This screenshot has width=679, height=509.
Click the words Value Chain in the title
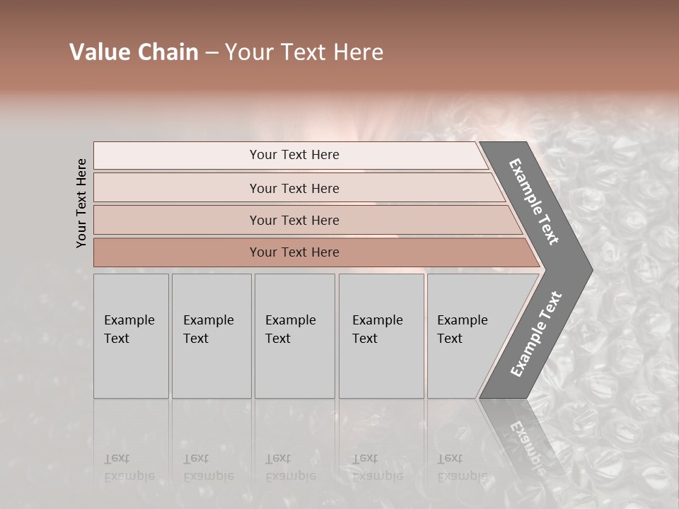click(134, 52)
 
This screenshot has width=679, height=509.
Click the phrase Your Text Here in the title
click(304, 52)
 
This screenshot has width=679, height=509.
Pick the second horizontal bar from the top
click(294, 188)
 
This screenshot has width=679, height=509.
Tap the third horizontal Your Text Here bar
click(294, 220)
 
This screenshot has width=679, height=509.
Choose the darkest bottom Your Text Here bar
click(294, 252)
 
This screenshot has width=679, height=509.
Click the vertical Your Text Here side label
click(81, 204)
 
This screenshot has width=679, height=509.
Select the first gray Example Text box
click(131, 336)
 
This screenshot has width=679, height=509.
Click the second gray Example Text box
click(211, 336)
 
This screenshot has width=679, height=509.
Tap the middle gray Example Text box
click(294, 336)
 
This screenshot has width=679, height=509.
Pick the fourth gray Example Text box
click(381, 336)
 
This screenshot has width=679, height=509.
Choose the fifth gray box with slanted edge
click(467, 336)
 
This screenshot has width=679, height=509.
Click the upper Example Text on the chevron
click(534, 201)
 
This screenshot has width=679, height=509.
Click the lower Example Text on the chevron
click(536, 334)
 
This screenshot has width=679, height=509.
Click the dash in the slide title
click(211, 53)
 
